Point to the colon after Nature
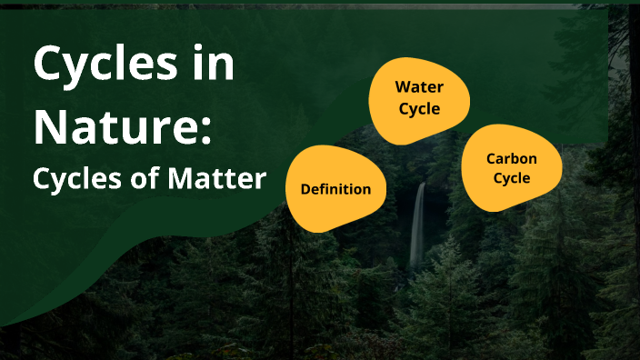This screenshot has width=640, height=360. click(205, 130)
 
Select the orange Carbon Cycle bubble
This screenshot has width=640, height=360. click(511, 168)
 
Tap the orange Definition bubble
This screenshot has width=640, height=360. click(336, 189)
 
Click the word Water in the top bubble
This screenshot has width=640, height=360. click(418, 87)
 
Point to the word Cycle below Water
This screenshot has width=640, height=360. click(418, 109)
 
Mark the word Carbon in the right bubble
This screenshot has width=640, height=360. click(512, 158)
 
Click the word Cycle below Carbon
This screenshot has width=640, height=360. click(512, 178)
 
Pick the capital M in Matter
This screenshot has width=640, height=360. click(179, 179)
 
